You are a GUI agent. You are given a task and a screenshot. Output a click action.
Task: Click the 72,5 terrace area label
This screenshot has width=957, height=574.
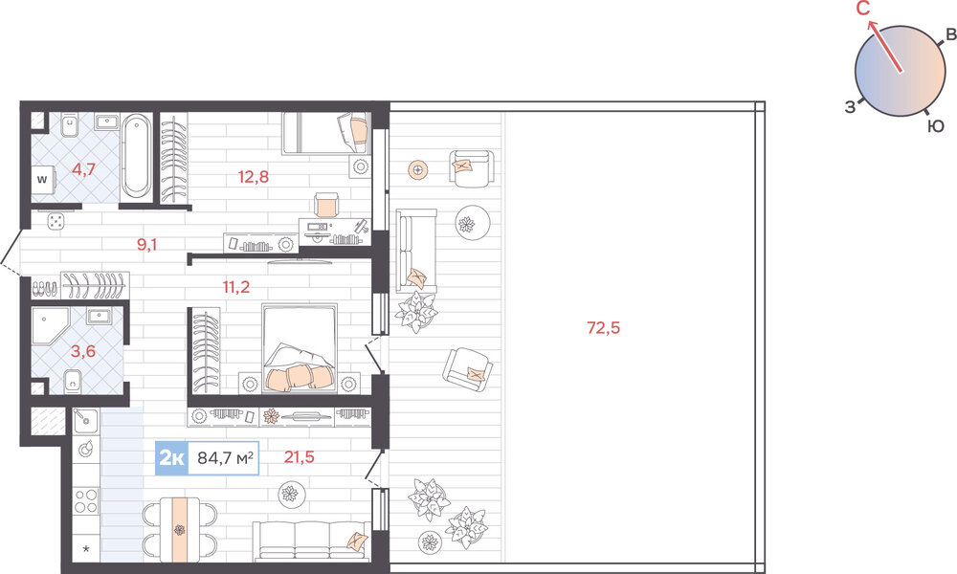[x=603, y=328]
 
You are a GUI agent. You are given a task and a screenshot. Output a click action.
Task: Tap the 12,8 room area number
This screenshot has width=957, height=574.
[x=254, y=178]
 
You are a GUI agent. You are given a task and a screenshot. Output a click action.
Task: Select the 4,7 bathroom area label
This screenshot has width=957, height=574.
[x=83, y=169]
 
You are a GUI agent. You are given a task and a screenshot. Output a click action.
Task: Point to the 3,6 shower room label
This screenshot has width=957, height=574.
[x=83, y=351]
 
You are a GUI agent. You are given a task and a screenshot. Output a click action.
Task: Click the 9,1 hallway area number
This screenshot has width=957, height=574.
[x=147, y=245]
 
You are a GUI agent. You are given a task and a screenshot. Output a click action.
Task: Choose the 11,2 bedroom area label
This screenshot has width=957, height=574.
[x=236, y=287]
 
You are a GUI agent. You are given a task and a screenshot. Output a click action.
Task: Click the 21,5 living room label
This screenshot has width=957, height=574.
[x=299, y=457]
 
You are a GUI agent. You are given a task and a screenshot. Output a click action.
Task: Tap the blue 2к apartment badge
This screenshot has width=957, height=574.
[x=171, y=457]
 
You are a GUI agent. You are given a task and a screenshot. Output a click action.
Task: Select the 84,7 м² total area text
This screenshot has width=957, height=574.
[x=225, y=457]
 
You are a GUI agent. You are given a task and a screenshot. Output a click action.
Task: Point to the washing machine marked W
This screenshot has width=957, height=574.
[x=43, y=179]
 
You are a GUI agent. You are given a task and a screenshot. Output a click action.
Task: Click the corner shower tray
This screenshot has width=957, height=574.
[x=51, y=325]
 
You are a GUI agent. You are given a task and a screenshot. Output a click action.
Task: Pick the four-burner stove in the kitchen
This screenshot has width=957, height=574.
[x=86, y=500]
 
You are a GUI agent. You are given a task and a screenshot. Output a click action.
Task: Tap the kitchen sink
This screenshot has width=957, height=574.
[x=85, y=420]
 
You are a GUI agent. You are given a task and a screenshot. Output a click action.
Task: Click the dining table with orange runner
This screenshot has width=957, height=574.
[x=180, y=529]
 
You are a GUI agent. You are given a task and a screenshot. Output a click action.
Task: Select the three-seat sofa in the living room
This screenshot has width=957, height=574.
[x=311, y=541]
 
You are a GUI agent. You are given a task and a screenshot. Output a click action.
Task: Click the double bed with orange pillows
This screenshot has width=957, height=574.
[x=299, y=346]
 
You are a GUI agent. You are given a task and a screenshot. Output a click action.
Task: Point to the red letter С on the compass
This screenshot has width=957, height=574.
[x=863, y=10]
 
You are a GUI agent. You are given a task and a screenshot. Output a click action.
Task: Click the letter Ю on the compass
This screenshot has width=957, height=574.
[x=935, y=126]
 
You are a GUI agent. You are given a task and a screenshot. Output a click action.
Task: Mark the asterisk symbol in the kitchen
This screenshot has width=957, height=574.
[x=86, y=550]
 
